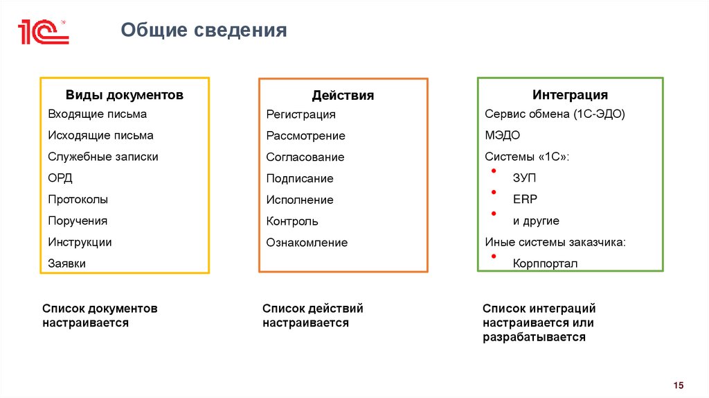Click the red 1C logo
coord(43,32)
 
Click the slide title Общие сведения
coord(204,31)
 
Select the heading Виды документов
coord(125,95)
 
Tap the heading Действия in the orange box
coord(343,96)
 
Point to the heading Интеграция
coord(570,95)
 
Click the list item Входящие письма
coord(98,114)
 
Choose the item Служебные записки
coord(103,157)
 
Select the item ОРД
coord(60,178)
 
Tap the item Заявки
coord(67,263)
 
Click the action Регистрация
coord(300,114)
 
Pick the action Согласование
coord(305,157)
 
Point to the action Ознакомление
coord(307,243)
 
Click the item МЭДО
coord(503,135)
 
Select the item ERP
coord(525,200)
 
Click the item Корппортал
coord(545,263)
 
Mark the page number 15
coord(678,386)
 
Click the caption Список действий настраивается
coord(312,315)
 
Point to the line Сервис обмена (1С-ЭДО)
coord(555,114)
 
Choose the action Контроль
coord(292,221)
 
